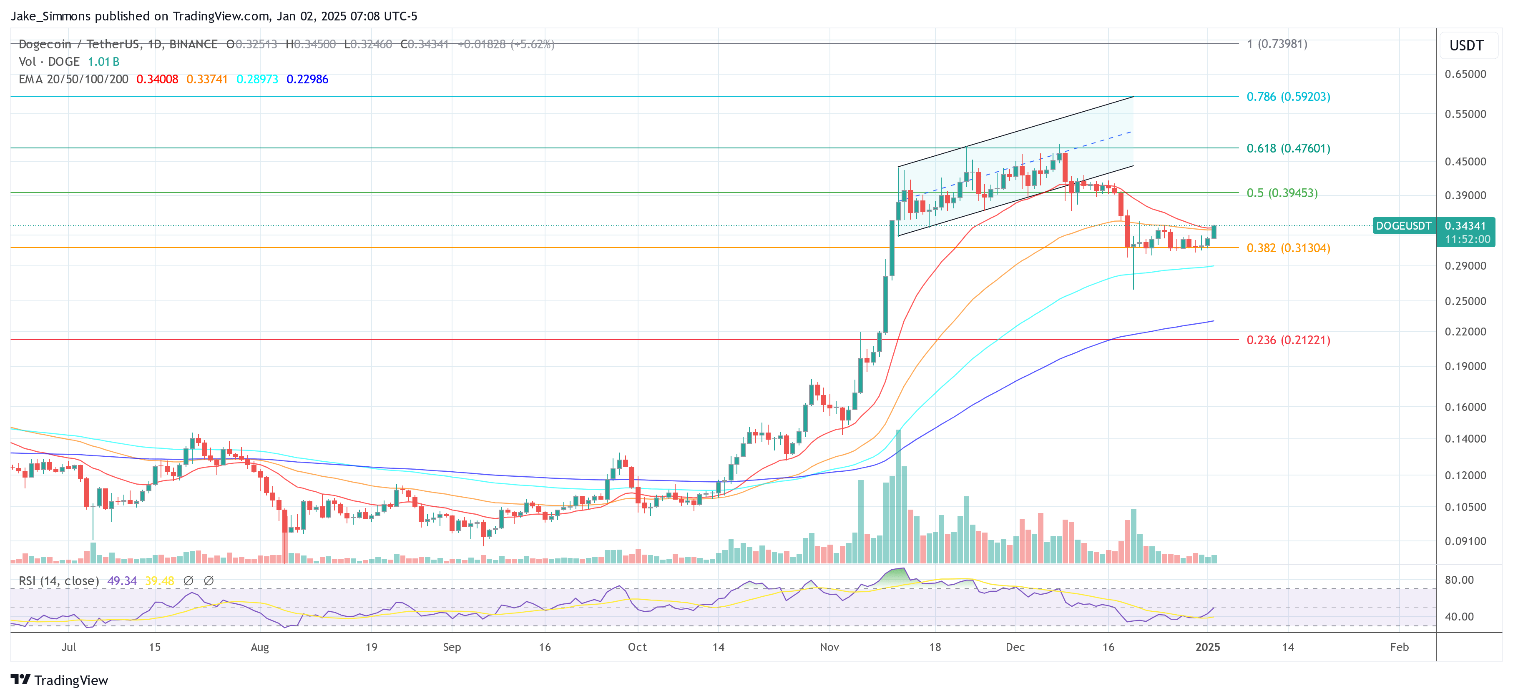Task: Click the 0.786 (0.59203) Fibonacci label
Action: (x=1288, y=96)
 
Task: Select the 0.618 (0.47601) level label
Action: (x=1288, y=148)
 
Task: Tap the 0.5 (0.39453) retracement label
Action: (x=1282, y=193)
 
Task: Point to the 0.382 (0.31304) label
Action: (x=1288, y=248)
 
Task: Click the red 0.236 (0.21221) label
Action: (x=1288, y=340)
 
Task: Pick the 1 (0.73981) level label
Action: (x=1277, y=44)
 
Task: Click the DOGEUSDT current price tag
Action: (x=1403, y=226)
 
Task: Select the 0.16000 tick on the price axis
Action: (x=1465, y=407)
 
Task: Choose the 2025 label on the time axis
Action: (x=1208, y=647)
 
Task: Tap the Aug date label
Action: (x=260, y=647)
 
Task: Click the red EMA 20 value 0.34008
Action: (x=157, y=79)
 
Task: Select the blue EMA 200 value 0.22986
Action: (x=307, y=79)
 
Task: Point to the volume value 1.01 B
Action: (x=103, y=62)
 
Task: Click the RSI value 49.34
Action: (x=122, y=580)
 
